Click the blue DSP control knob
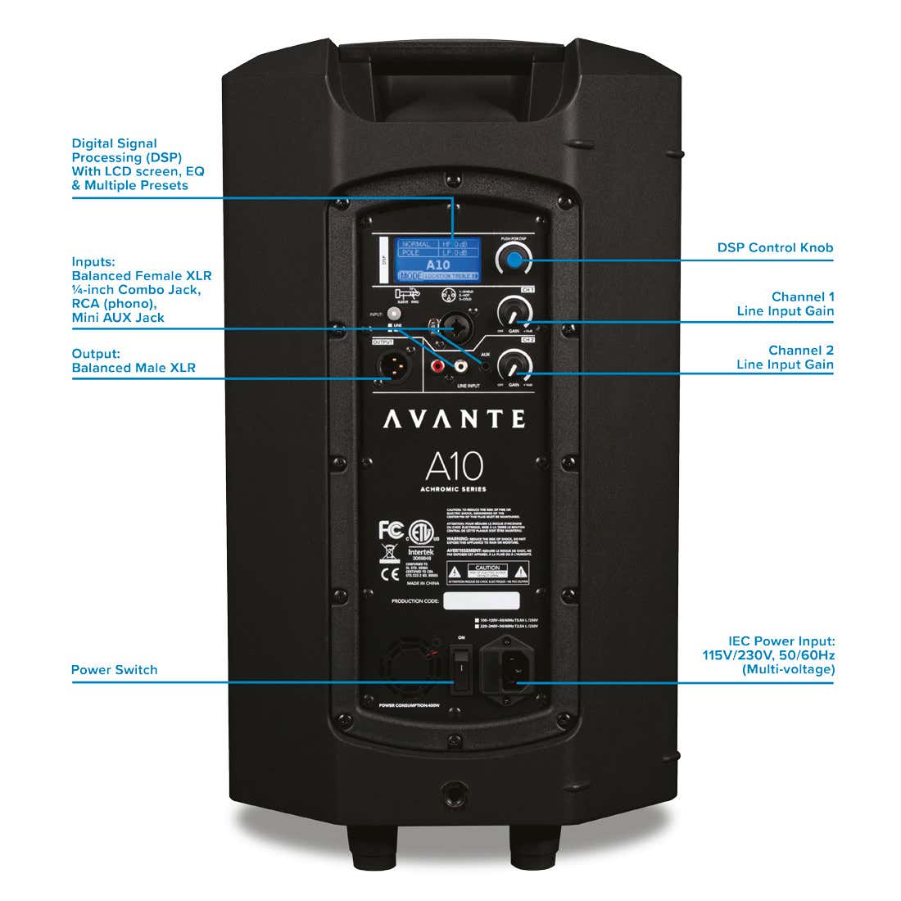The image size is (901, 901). click(514, 260)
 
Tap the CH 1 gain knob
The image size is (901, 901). click(514, 311)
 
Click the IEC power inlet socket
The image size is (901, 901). click(508, 672)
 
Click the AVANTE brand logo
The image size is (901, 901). click(454, 419)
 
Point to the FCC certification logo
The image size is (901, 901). click(391, 530)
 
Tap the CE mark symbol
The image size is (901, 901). click(390, 574)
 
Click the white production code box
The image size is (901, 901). click(481, 601)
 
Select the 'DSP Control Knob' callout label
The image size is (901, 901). click(775, 247)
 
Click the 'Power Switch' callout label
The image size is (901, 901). click(114, 670)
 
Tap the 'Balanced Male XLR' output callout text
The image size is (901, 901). click(134, 368)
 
